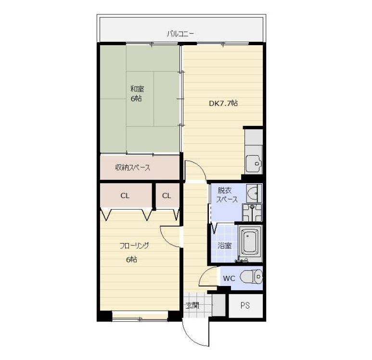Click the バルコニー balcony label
click(180, 34)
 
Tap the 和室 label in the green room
click(137, 89)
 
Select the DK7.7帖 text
click(223, 103)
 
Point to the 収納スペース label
click(133, 168)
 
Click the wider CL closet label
click(125, 196)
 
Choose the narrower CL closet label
click(167, 196)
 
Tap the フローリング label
click(134, 246)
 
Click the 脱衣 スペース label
click(227, 195)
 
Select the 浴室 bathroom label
click(225, 246)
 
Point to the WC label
click(229, 278)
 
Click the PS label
click(245, 306)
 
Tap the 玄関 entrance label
click(192, 306)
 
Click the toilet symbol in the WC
click(251, 276)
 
